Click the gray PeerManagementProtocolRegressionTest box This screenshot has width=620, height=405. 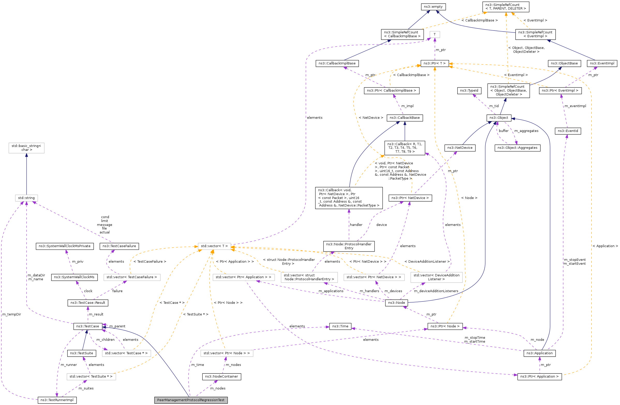[191, 400]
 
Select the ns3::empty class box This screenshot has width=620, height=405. [433, 7]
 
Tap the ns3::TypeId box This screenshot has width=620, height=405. [469, 90]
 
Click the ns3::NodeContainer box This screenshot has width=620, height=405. [221, 377]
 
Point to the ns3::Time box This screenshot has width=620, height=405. [340, 326]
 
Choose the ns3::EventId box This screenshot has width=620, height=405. [568, 131]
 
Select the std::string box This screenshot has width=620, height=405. [26, 198]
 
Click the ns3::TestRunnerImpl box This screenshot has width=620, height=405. [57, 400]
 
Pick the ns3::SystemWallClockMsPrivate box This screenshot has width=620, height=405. [65, 246]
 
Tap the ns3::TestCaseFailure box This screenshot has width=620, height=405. [119, 246]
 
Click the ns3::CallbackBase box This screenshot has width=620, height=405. [405, 118]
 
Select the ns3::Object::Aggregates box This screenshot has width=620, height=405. [517, 148]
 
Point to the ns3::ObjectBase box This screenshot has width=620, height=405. [564, 63]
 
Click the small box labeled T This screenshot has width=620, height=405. [435, 34]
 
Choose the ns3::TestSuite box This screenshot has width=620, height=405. [81, 353]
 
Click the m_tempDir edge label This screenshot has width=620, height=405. [12, 314]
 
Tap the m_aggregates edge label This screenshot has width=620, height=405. [526, 131]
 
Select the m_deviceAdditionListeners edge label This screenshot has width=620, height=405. [436, 291]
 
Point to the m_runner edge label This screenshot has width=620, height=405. [69, 365]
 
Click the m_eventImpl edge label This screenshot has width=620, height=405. [575, 106]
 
